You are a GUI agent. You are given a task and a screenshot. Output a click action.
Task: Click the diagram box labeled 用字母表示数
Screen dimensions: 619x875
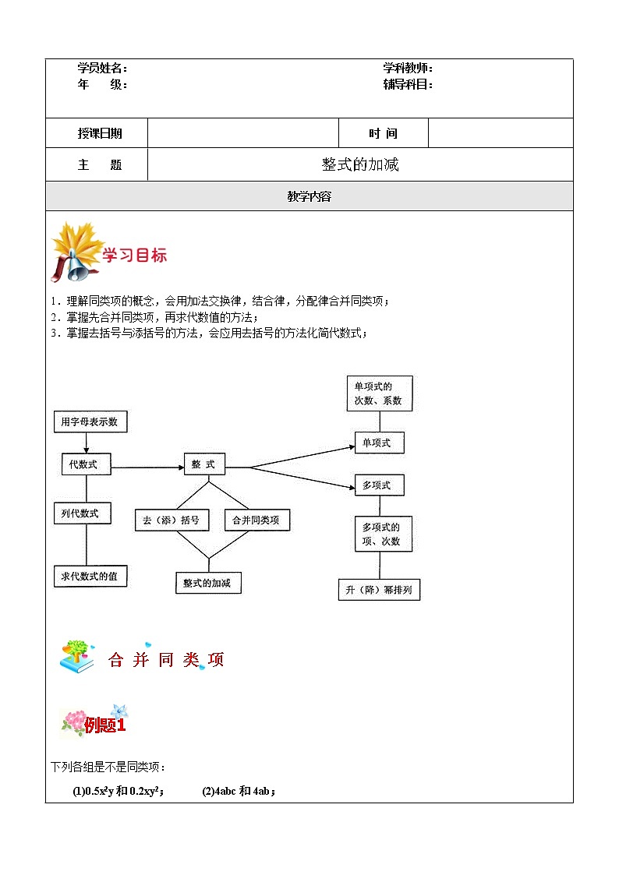click(x=90, y=422)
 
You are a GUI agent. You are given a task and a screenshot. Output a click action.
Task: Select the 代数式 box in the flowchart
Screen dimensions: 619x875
click(x=85, y=464)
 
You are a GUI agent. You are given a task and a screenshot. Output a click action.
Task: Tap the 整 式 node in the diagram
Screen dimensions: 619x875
click(x=204, y=464)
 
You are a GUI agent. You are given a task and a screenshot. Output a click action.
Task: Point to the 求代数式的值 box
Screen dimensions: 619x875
click(x=90, y=576)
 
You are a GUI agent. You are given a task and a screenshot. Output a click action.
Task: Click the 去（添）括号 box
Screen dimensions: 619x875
click(x=172, y=520)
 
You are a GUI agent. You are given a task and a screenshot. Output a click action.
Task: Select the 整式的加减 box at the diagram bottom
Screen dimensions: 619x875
click(x=207, y=583)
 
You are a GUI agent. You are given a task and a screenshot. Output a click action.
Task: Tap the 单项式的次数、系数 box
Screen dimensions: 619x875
click(x=379, y=393)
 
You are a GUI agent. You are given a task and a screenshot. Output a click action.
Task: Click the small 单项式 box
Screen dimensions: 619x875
click(x=379, y=443)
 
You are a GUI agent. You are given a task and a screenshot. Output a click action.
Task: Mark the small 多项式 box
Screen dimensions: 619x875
click(x=379, y=485)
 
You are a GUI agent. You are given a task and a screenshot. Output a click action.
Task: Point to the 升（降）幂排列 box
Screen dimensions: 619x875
click(x=379, y=590)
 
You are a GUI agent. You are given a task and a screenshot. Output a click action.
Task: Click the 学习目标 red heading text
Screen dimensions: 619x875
click(x=135, y=256)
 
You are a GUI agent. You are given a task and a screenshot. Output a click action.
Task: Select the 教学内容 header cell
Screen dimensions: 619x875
click(x=309, y=196)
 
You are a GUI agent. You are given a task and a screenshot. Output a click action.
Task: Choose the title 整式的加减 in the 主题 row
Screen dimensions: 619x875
click(x=360, y=164)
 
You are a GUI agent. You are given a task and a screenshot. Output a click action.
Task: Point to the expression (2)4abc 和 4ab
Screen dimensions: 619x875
click(x=239, y=792)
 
